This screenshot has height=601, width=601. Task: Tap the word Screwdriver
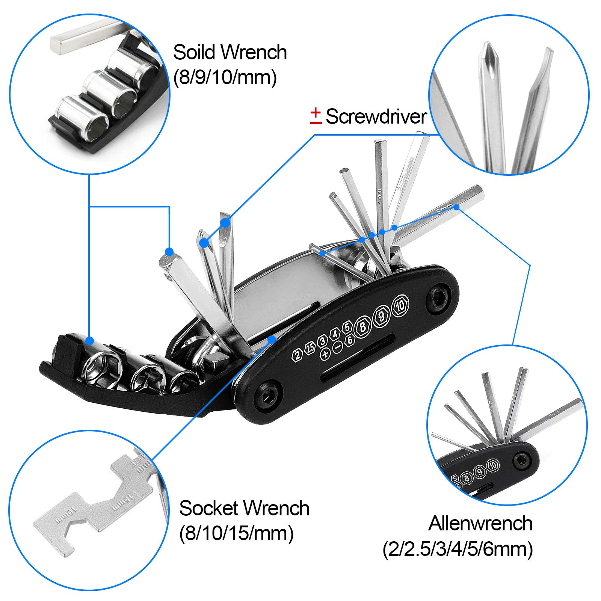[x=376, y=116]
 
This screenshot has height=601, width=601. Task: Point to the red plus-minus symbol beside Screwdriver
[x=316, y=115]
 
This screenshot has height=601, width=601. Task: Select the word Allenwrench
[x=480, y=523]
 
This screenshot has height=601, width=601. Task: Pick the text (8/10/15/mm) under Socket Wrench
[x=236, y=533]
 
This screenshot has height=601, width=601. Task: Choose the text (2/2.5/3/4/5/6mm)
[x=458, y=550]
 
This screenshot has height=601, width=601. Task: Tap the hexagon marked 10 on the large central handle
[x=400, y=306]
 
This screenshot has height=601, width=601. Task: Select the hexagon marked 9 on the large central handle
[x=382, y=316]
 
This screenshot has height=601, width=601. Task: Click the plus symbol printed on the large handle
[x=325, y=353]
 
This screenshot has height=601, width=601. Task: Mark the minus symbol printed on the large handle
[x=338, y=347]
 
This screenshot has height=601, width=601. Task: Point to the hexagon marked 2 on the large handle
[x=297, y=355]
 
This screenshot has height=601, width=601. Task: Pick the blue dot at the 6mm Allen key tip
[x=456, y=207]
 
